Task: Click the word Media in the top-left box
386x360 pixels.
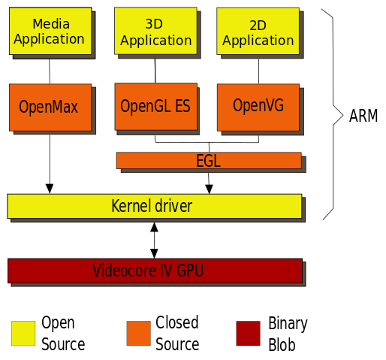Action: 51,24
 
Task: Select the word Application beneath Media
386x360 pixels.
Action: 50,39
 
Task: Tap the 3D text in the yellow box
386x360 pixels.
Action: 154,24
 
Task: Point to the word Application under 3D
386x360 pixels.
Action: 156,41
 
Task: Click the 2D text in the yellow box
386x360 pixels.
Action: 258,26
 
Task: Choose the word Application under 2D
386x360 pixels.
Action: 258,41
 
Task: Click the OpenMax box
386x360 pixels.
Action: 50,107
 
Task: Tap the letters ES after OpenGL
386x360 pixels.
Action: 182,107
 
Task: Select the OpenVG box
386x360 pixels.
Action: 258,106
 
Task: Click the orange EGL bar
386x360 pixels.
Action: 208,161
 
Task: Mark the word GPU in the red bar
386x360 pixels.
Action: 191,271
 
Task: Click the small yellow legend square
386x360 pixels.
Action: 23,333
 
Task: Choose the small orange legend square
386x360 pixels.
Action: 138,333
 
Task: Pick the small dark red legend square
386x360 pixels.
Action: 248,333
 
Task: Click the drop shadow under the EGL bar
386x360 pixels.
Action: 214,171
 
